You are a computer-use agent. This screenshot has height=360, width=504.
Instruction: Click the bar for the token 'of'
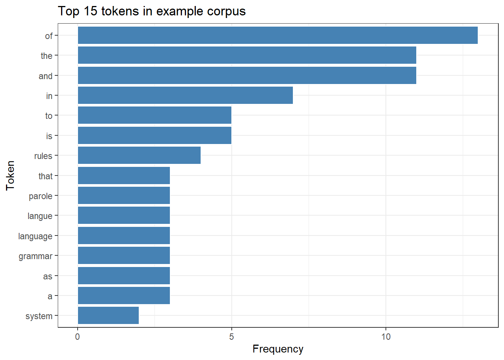277,35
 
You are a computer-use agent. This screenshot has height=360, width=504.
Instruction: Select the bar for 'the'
247,55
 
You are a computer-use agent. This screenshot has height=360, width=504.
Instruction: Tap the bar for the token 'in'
185,95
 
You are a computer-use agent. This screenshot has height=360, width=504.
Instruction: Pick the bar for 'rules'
139,155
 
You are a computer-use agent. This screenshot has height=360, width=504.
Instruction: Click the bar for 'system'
108,315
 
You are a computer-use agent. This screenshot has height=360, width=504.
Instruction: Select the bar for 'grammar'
124,255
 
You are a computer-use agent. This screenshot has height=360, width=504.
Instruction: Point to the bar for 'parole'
124,195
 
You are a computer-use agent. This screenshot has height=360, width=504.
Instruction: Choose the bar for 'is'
154,135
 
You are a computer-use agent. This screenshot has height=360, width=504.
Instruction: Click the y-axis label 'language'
35,236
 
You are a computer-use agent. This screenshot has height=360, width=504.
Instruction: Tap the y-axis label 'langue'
40,216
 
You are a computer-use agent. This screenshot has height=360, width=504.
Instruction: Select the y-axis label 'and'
45,76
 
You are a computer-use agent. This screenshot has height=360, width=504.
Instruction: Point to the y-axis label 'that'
45,176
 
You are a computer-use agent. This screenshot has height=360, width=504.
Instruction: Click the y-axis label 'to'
49,116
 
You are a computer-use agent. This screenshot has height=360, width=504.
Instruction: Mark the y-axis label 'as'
48,276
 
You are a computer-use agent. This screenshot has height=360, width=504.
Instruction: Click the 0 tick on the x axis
78,336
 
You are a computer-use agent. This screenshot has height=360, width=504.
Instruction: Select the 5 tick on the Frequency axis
231,336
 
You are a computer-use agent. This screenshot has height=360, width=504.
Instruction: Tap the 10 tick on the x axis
385,336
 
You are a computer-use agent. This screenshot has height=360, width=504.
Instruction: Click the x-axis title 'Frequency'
278,349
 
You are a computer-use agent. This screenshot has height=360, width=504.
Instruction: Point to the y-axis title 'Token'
10,175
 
